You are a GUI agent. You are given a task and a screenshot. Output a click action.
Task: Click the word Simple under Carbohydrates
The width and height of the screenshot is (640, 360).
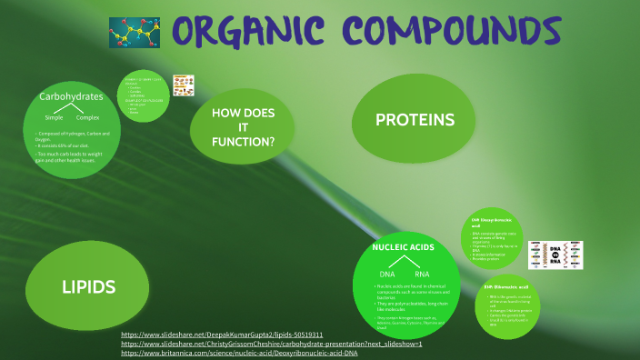[x=54, y=118]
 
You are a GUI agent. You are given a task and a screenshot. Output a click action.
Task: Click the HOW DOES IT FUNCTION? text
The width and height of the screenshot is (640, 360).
[x=243, y=128]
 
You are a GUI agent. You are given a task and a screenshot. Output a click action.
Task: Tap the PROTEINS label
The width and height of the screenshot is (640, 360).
[x=415, y=120]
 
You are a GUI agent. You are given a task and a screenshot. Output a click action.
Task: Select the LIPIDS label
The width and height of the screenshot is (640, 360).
[x=88, y=287]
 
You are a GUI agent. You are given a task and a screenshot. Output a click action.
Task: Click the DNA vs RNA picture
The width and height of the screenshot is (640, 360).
[x=574, y=255]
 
